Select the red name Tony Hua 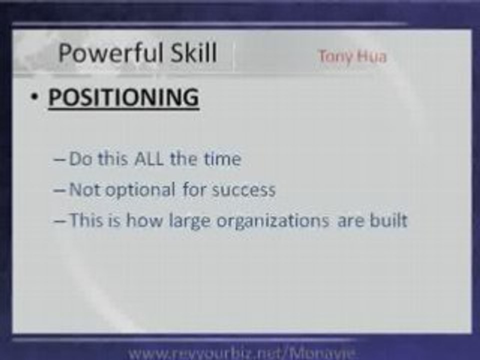point(352,56)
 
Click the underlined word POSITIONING point(123,97)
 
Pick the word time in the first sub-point point(221,159)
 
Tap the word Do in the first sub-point point(78,159)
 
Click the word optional point(135,190)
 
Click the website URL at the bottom point(241,353)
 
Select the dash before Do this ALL point(59,160)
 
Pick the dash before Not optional point(59,190)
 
